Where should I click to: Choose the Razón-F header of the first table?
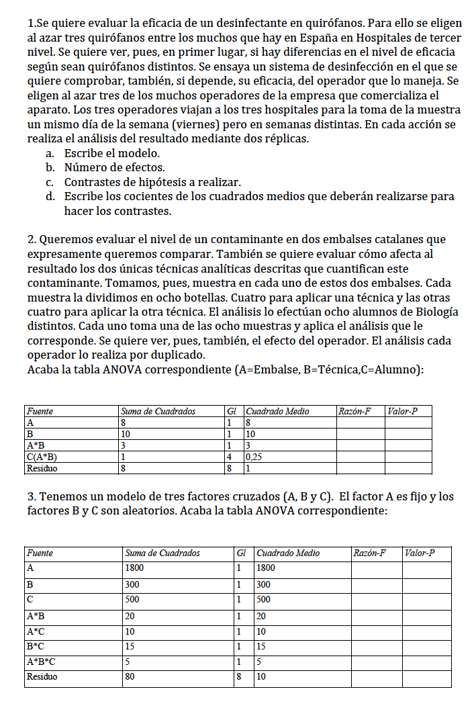tap(355, 411)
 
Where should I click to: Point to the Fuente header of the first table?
tap(40, 411)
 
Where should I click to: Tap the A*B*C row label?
tap(41, 662)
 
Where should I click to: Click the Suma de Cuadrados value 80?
tap(130, 677)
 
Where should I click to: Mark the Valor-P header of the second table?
tap(421, 553)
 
